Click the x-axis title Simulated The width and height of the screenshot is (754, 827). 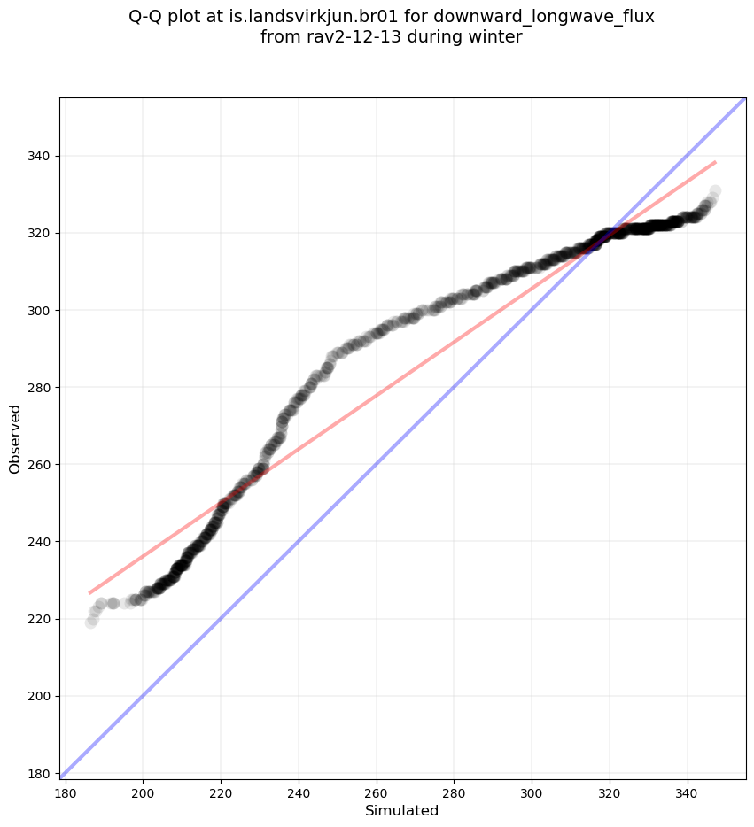click(x=402, y=811)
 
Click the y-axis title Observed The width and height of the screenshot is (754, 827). click(x=15, y=438)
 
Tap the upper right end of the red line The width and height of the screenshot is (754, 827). click(x=715, y=162)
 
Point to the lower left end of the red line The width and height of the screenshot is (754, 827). click(x=90, y=592)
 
